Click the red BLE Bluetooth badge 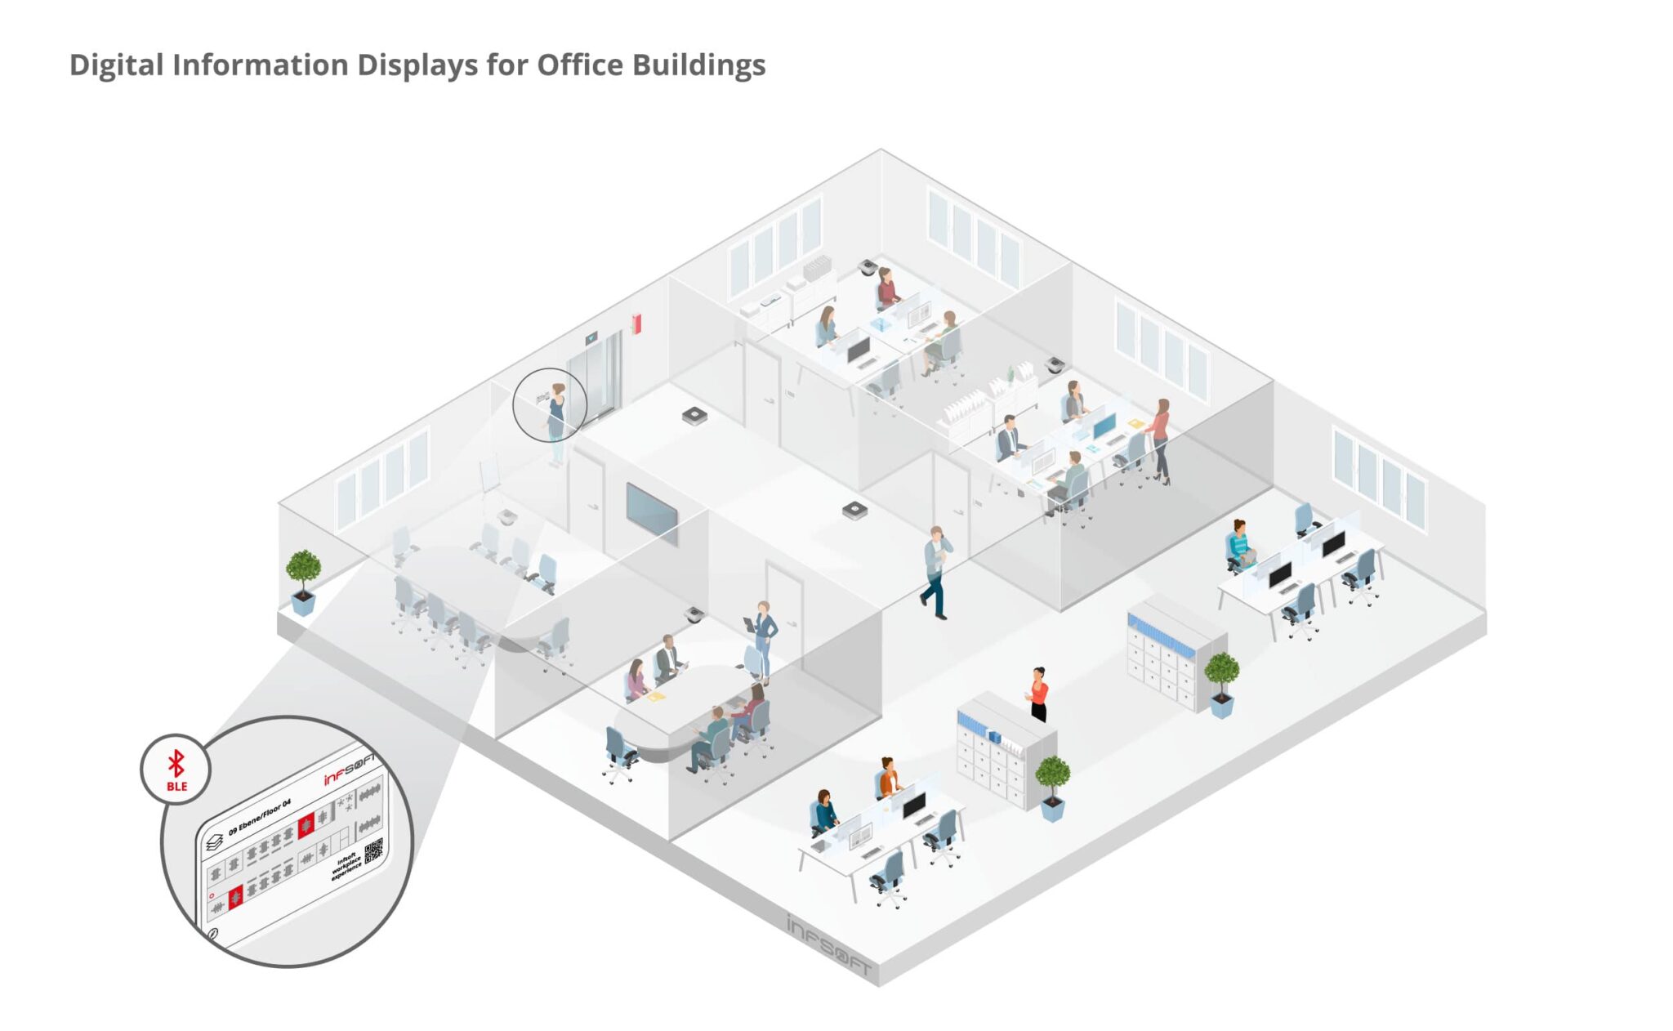click(176, 770)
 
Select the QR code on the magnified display click(373, 850)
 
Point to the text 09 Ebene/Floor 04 click(259, 818)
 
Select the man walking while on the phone click(936, 571)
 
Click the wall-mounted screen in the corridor click(651, 513)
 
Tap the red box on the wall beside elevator click(636, 324)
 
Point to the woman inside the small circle click(556, 413)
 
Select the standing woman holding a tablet click(764, 638)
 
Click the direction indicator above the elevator click(591, 337)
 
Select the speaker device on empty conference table click(507, 516)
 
